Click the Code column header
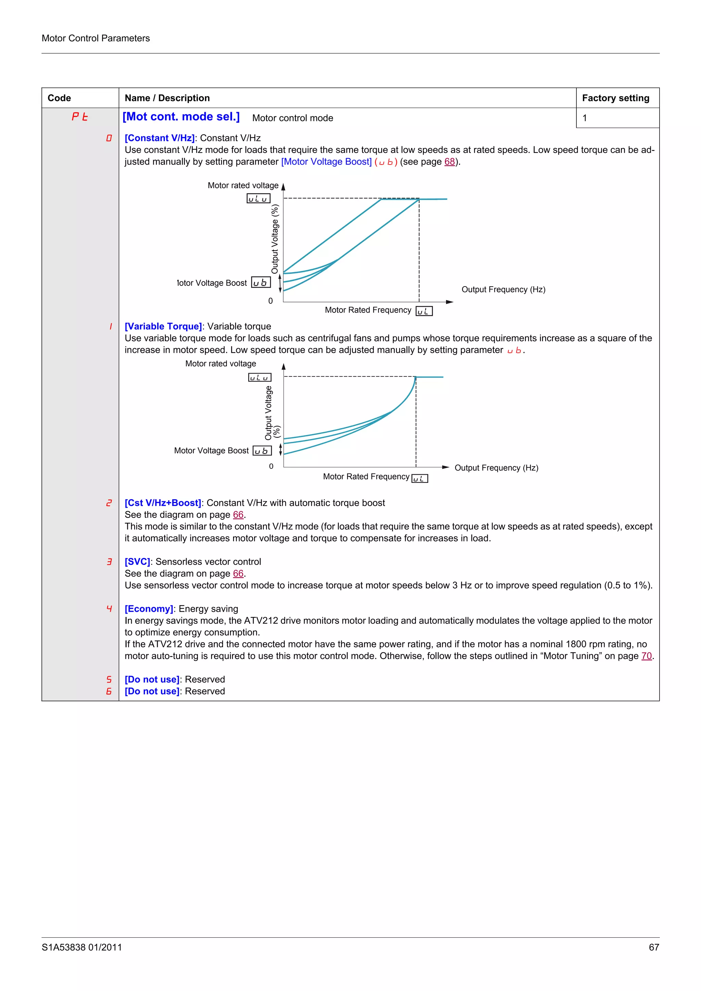tap(59, 98)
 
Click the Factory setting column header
tap(615, 98)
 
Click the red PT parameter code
tap(80, 117)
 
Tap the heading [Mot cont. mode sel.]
tap(181, 117)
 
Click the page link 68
tap(449, 162)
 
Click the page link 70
tap(646, 656)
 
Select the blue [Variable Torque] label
tap(163, 327)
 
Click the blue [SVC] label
tap(137, 562)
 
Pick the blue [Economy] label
tap(149, 609)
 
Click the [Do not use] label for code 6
tap(152, 691)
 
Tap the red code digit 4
tap(109, 609)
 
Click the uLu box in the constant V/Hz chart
tap(258, 199)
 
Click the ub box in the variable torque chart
tap(262, 451)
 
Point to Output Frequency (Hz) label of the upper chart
tap(503, 290)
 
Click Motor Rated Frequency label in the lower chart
tap(366, 476)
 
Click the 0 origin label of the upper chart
tap(270, 301)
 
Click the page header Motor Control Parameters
tap(95, 38)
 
